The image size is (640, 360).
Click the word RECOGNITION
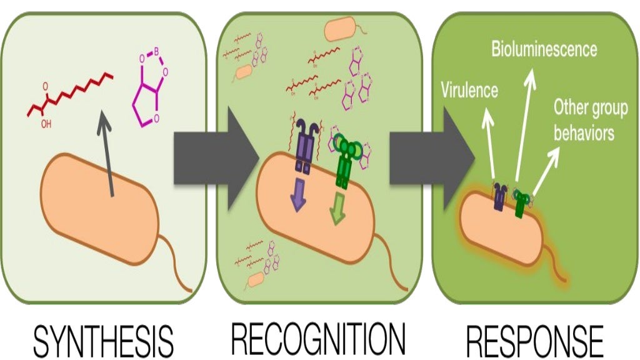click(317, 339)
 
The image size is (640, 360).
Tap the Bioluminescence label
click(544, 49)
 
